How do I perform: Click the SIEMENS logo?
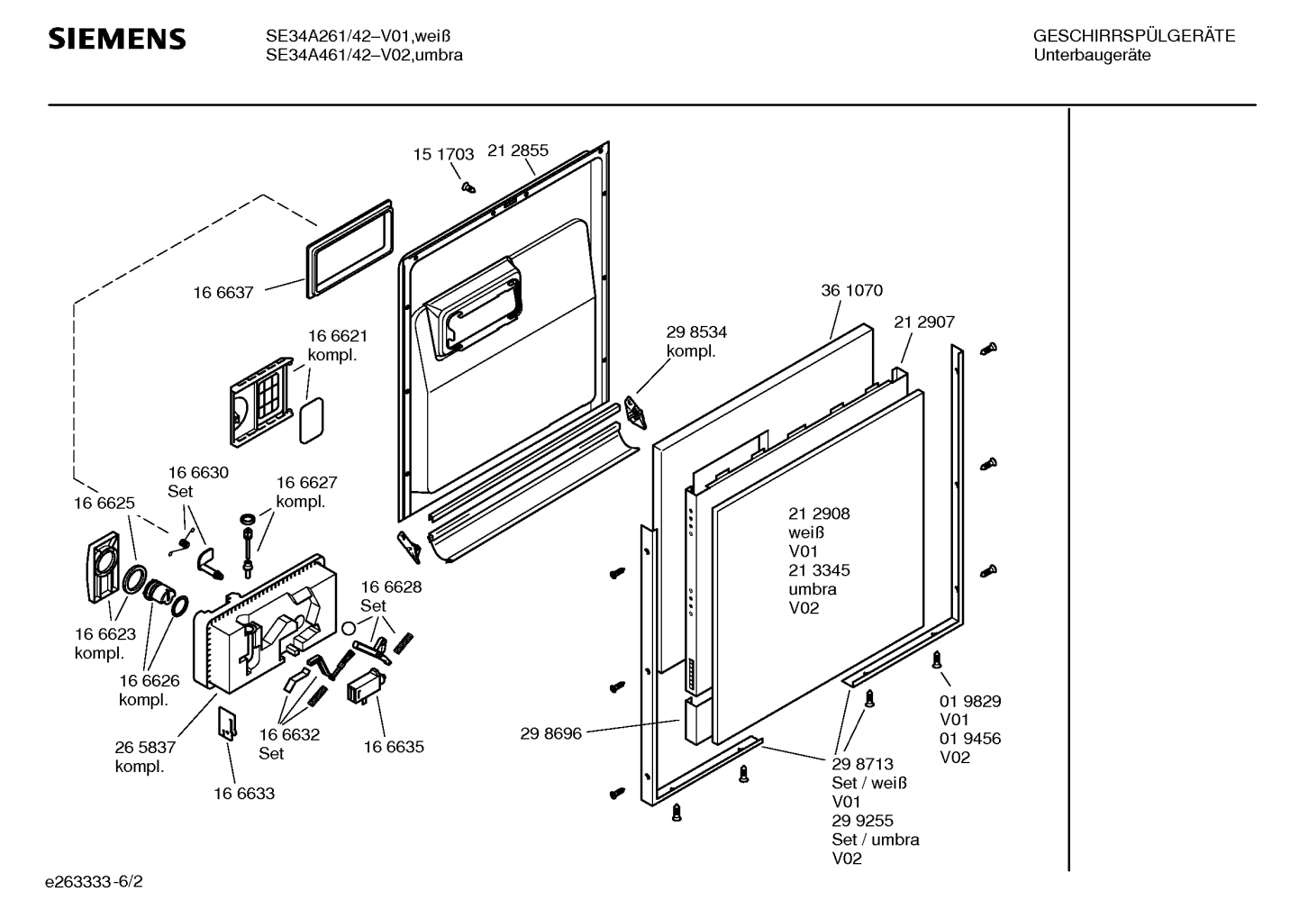(x=117, y=39)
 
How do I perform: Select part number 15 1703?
(x=443, y=155)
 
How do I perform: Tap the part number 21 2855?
(x=518, y=151)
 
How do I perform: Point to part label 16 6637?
(x=223, y=293)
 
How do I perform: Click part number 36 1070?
(x=851, y=291)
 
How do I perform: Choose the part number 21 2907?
(x=924, y=323)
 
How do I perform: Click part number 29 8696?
(x=550, y=734)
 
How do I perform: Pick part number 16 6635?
(x=394, y=747)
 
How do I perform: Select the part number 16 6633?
(x=244, y=794)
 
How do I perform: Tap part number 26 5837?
(x=145, y=748)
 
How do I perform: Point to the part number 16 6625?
(x=104, y=504)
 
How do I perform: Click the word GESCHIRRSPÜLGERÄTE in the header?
(x=1133, y=37)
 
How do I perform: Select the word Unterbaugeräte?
(x=1092, y=55)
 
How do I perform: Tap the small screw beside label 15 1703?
(x=468, y=187)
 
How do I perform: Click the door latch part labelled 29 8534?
(x=638, y=411)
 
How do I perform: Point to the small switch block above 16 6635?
(x=366, y=686)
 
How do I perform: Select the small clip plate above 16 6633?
(x=229, y=722)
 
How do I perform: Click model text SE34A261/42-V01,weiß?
(x=358, y=37)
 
